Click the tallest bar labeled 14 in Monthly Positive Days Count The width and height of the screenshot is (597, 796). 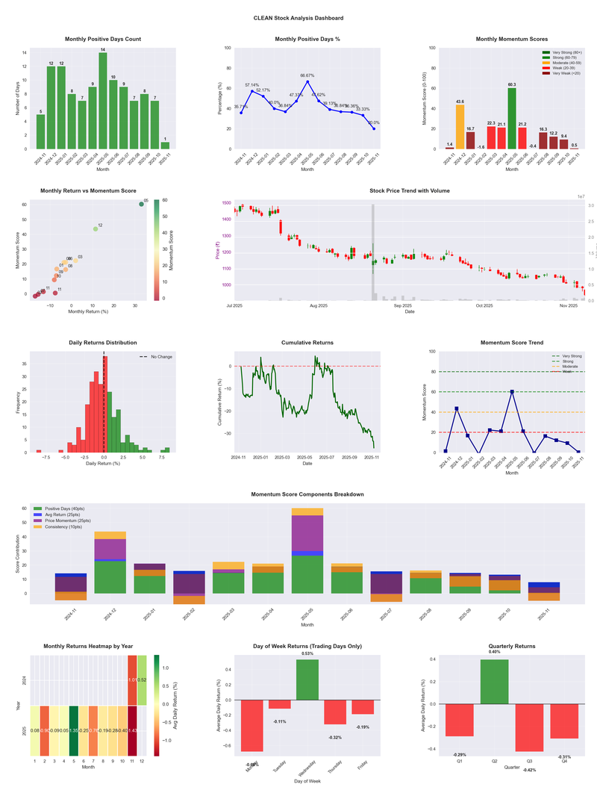coord(103,101)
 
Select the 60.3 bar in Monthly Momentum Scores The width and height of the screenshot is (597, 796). coord(512,119)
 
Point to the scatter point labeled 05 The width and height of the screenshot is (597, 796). coord(141,204)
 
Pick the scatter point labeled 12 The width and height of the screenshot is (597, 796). coord(96,228)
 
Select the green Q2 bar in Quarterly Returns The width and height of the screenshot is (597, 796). coord(494,682)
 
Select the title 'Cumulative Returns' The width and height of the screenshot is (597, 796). coord(307,343)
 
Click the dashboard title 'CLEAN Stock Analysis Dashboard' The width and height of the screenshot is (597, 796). coord(298,17)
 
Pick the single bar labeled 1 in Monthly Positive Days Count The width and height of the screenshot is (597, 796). coord(166,145)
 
